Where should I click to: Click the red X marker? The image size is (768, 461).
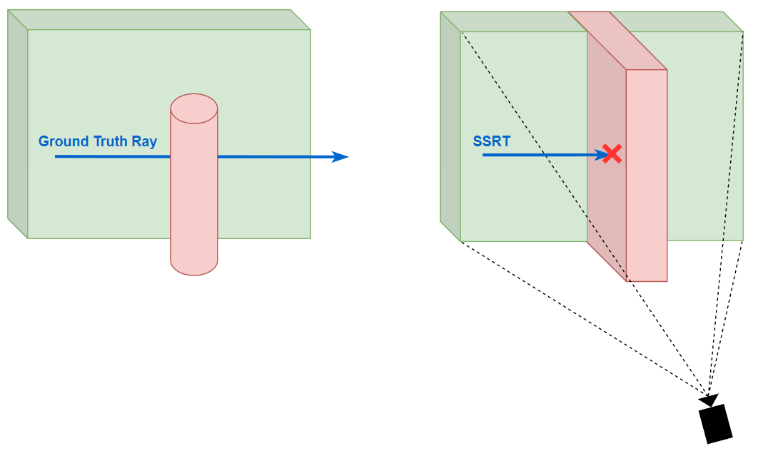tap(611, 154)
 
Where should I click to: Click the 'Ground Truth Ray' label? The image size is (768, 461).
tap(98, 141)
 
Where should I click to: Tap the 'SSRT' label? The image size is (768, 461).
tap(492, 141)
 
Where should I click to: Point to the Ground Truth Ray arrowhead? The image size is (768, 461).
tap(340, 157)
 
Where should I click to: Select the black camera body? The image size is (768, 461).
tap(716, 424)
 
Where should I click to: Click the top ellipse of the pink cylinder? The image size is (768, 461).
tap(194, 108)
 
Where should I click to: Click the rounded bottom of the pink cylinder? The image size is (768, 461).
tap(194, 265)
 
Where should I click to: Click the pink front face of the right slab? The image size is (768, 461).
tap(647, 175)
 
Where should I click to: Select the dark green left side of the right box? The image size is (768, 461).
tap(450, 128)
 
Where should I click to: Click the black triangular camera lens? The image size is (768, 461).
tap(711, 400)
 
